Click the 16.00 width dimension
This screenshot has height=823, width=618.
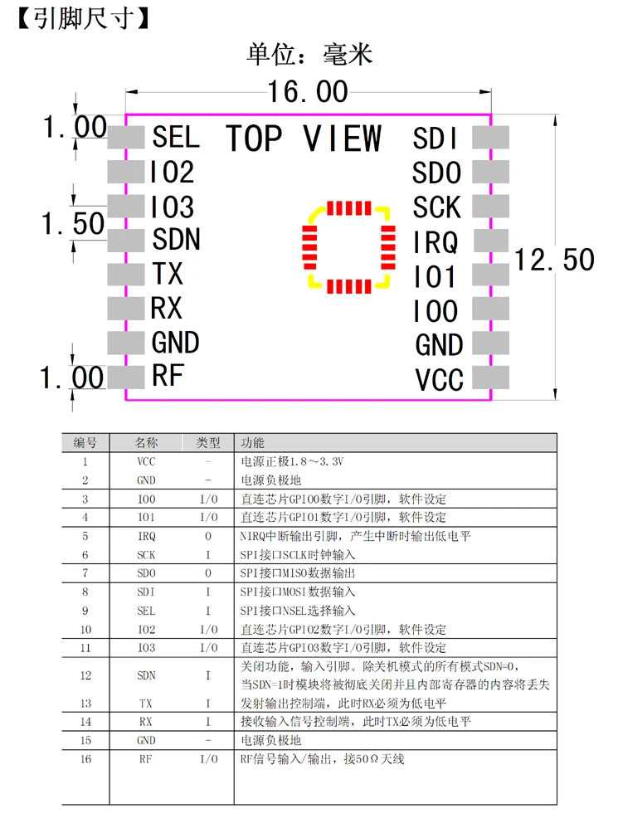[x=307, y=91]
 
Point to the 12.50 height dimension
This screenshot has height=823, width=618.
[x=554, y=260]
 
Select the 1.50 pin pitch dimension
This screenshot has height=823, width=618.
[x=73, y=223]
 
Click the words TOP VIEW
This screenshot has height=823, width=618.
[x=304, y=139]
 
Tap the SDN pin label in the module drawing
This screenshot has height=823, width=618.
[x=176, y=240]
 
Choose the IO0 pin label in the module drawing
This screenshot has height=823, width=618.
[x=436, y=312]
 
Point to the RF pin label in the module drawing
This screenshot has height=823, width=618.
[x=167, y=376]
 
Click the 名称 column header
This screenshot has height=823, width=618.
[x=146, y=443]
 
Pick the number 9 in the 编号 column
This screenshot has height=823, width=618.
[x=85, y=611]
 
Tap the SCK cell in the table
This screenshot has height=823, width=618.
[x=146, y=555]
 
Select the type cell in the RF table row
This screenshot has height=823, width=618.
[x=207, y=759]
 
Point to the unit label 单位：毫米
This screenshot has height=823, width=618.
[x=309, y=55]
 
